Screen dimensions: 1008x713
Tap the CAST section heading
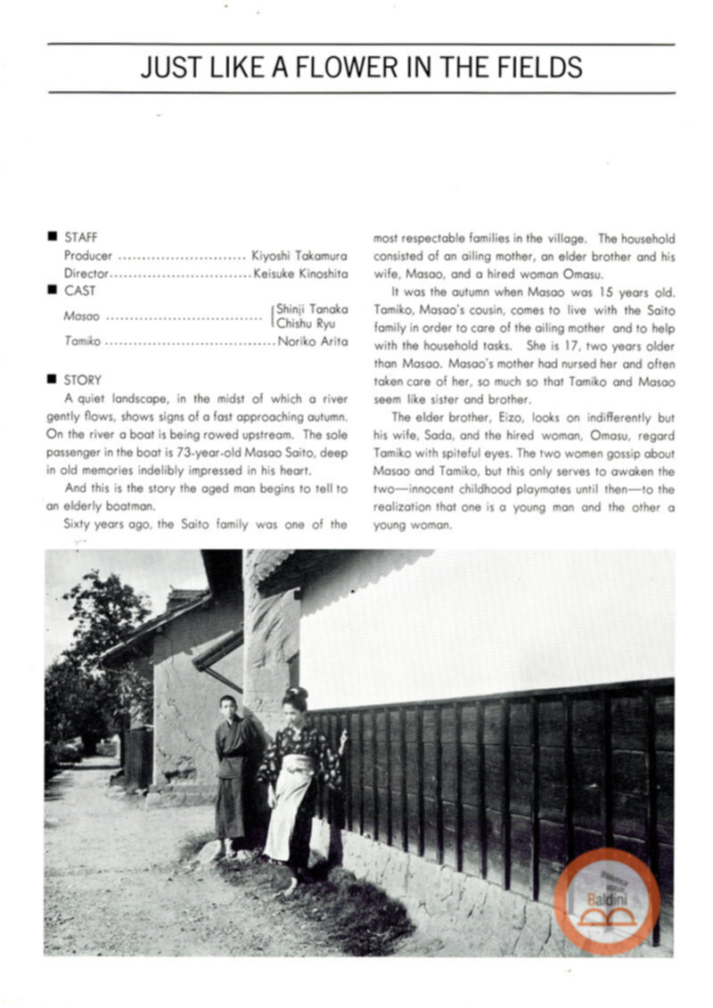click(79, 291)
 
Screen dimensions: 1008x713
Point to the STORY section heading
click(83, 379)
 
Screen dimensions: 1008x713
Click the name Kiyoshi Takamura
click(299, 255)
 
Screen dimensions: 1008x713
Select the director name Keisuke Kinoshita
click(300, 273)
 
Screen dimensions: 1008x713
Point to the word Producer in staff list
click(88, 255)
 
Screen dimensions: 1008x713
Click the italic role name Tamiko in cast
click(82, 341)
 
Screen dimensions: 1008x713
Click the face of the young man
click(228, 706)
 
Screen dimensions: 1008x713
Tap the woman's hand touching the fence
click(343, 738)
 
